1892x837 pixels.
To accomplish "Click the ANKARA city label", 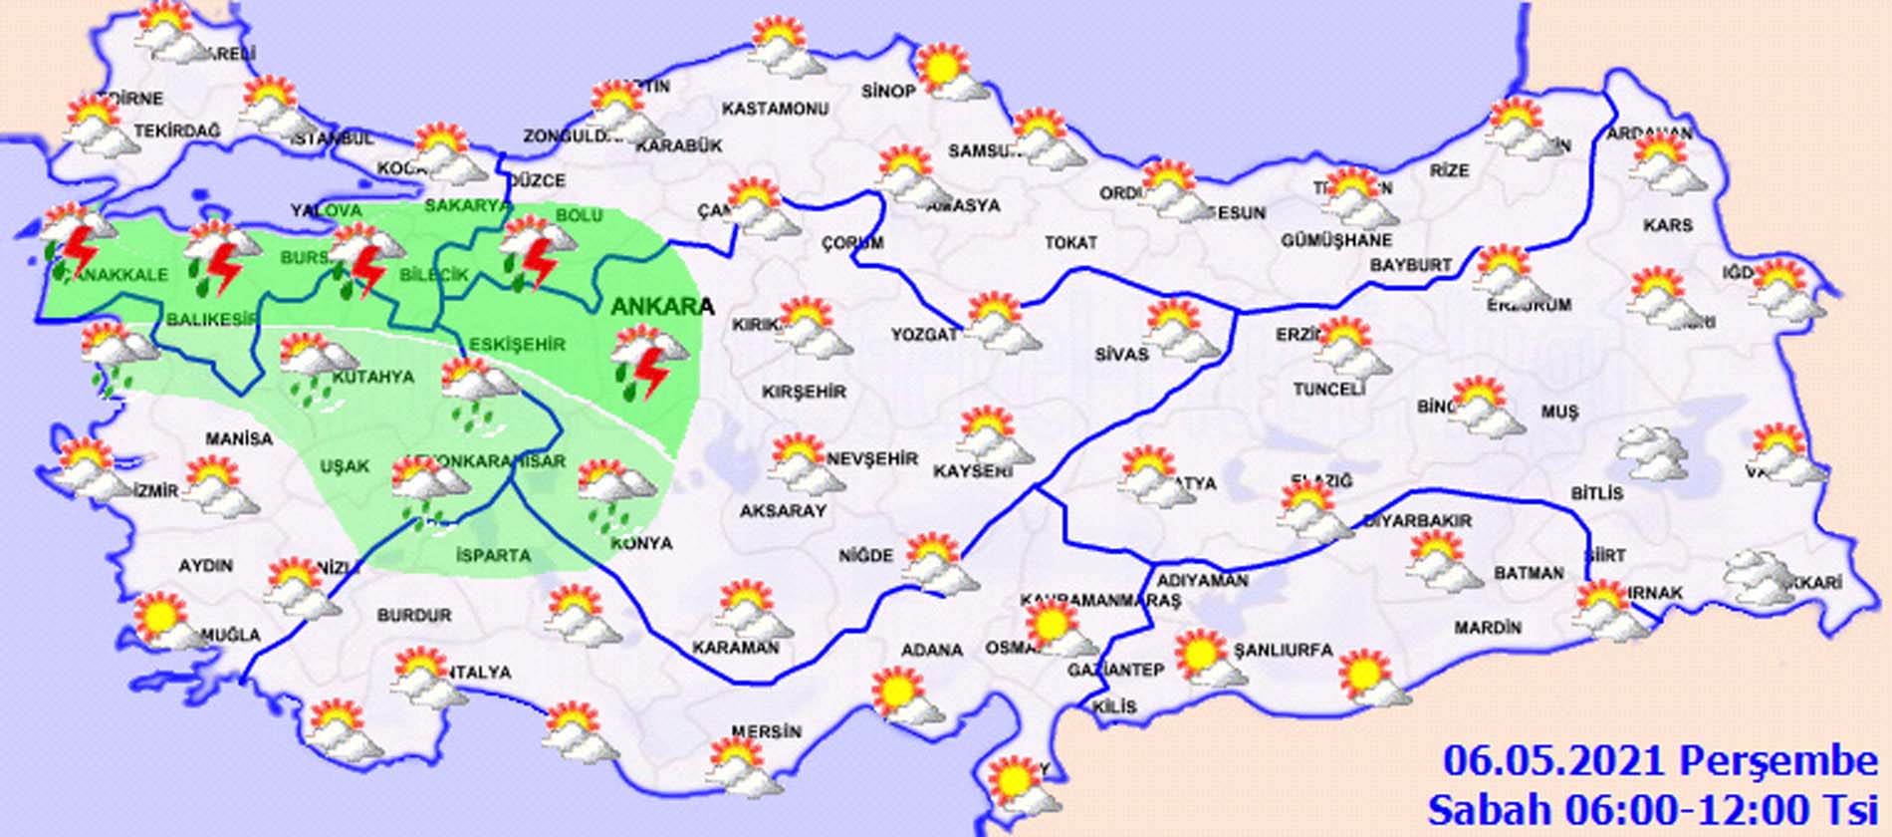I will [661, 307].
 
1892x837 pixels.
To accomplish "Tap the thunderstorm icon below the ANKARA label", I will [647, 362].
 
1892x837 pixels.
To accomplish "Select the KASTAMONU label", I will [775, 109].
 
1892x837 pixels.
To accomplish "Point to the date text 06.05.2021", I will [1553, 761].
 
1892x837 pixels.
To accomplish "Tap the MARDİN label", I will [1488, 628].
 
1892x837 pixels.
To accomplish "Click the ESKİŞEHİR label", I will [517, 345].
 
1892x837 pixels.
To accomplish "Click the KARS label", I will [1668, 226].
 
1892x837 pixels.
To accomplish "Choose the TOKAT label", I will [1071, 242].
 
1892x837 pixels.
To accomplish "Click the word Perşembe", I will [1778, 761].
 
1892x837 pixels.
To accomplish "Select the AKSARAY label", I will [783, 511].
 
